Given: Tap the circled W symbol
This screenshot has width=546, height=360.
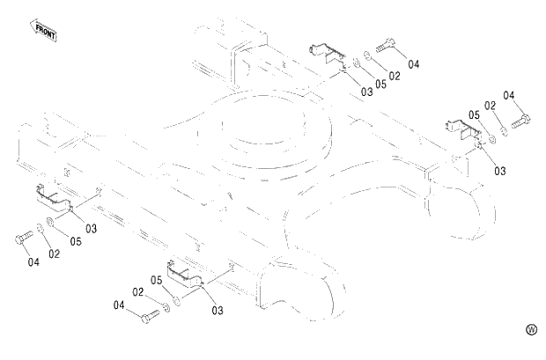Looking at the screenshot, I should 531,329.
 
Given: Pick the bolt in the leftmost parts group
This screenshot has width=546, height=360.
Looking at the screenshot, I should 23,238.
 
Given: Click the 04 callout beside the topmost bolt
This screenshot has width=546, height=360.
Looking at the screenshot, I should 413,64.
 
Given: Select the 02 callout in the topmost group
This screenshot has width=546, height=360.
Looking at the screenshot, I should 394,77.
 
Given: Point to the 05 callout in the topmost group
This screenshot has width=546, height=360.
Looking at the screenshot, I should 380,84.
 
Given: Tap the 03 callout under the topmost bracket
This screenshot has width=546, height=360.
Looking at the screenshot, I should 366,92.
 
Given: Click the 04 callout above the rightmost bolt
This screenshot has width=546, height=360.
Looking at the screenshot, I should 509,94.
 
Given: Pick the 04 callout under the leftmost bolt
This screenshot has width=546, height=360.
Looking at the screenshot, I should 33,261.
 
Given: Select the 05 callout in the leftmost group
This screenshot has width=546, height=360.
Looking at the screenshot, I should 76,241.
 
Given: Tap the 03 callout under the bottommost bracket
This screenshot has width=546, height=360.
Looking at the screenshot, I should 217,310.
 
